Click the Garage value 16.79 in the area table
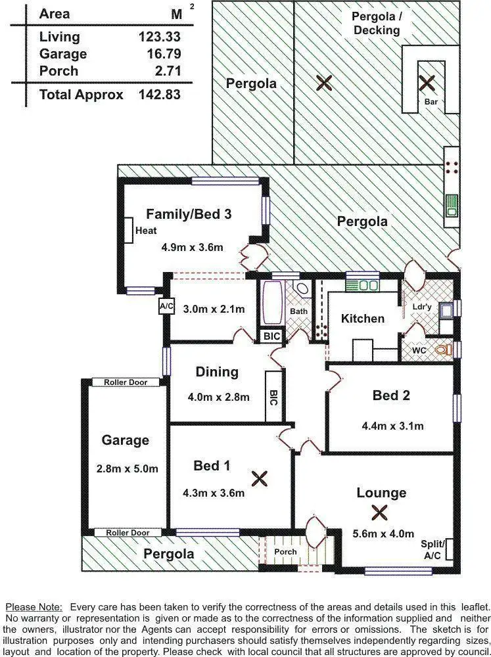(160, 54)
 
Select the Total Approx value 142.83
(160, 95)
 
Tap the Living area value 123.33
(160, 37)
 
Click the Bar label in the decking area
(431, 102)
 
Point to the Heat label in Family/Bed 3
(146, 231)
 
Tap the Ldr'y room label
(421, 307)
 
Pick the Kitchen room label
(362, 319)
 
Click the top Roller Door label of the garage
(126, 382)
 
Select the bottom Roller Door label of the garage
(128, 533)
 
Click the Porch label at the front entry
(285, 552)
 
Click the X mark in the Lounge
(379, 512)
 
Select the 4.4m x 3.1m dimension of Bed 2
(392, 426)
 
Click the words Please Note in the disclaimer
(33, 607)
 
